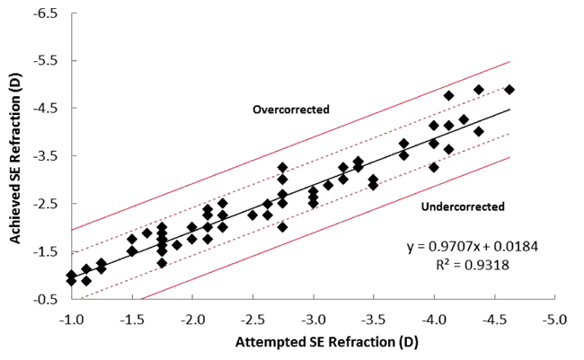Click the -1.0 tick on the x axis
coord(71,320)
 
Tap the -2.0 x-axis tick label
coord(192,320)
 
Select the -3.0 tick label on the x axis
coord(314,320)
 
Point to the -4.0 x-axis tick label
coord(435,320)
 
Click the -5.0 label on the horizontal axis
coord(555,320)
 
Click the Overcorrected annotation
coord(291,110)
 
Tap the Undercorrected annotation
coord(463,207)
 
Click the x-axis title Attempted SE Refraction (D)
coord(314,343)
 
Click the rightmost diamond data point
coord(509,90)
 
